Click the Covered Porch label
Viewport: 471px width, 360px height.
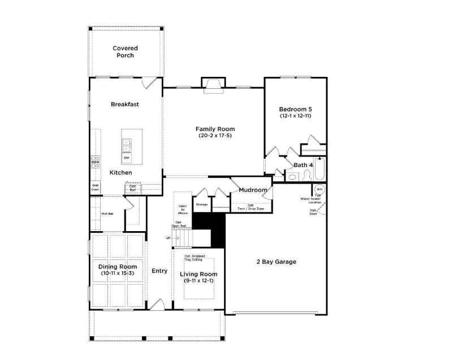[x=125, y=52]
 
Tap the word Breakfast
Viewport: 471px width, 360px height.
[x=125, y=104]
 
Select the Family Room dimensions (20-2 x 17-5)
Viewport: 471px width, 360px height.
[x=215, y=136]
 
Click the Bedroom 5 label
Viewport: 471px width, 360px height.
[x=295, y=109]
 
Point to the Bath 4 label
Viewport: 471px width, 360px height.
[x=303, y=165]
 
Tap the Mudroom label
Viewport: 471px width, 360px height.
[x=253, y=190]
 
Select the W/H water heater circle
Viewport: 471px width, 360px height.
[x=319, y=189]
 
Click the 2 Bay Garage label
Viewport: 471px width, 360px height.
[x=276, y=262]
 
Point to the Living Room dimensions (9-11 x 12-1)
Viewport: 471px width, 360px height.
[x=198, y=281]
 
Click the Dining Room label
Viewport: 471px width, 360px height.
[x=118, y=267]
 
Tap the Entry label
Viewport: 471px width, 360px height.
[x=159, y=271]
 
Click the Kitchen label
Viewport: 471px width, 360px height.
[x=120, y=172]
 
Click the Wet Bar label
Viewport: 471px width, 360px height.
[x=107, y=214]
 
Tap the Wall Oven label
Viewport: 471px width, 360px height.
[x=95, y=188]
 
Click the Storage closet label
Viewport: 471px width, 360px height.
[x=202, y=204]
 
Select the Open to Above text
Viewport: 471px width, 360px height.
[x=183, y=210]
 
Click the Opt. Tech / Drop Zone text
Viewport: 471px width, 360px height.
[x=250, y=207]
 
